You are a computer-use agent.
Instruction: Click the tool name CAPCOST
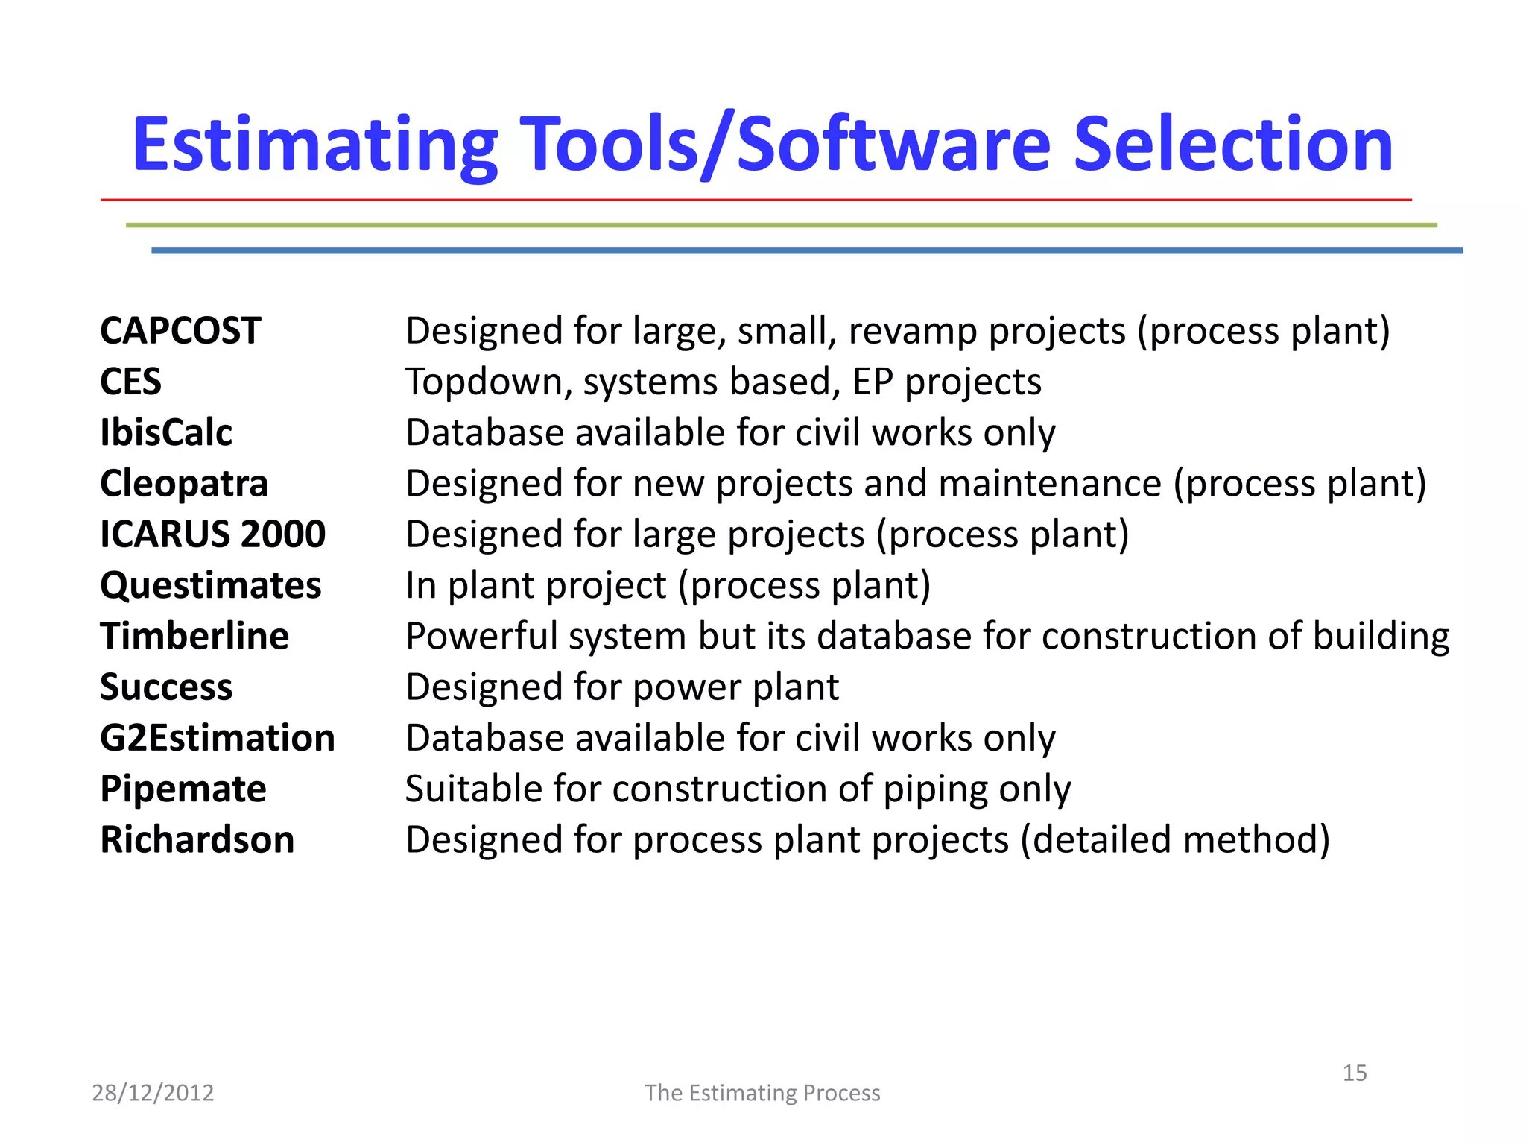pos(180,331)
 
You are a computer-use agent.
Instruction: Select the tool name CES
pos(130,382)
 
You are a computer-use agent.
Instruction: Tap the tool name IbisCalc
pos(166,432)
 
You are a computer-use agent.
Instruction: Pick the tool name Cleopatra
pos(184,484)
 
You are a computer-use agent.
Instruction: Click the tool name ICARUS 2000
pos(212,534)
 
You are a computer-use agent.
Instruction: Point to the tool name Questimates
pos(211,585)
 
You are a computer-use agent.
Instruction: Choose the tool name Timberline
pos(194,636)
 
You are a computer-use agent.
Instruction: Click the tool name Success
pos(166,687)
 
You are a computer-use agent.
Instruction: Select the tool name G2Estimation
pos(218,738)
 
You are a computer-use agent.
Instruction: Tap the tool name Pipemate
pos(183,789)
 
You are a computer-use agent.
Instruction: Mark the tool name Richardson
pos(197,839)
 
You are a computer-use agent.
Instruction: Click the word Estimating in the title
pos(314,145)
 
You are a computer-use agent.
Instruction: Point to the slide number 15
pos(1354,1073)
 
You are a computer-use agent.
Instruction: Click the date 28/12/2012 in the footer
pos(153,1093)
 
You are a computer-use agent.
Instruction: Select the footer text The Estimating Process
pos(762,1093)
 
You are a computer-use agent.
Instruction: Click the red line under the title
pos(756,200)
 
